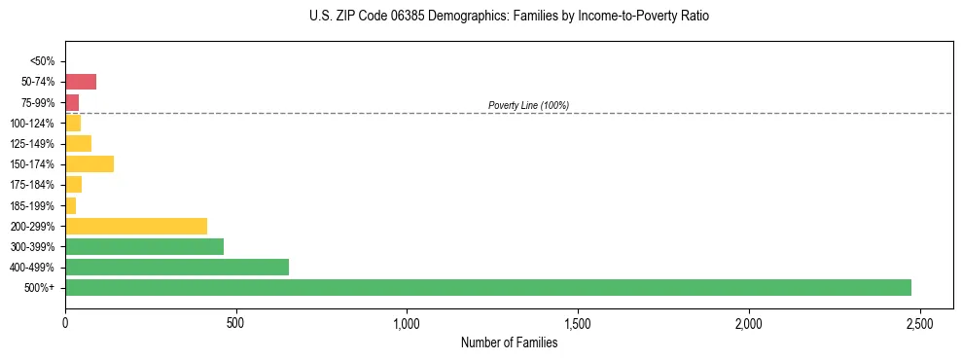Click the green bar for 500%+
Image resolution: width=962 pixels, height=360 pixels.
[487, 288]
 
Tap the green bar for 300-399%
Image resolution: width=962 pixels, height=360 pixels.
[144, 247]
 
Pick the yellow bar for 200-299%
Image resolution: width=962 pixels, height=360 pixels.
[136, 227]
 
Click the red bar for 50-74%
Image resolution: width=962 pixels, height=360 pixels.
[81, 82]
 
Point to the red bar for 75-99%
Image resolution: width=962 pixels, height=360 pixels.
[72, 102]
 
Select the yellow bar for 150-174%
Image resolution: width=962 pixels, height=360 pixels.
[89, 164]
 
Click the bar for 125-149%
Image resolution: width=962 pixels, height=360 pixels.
[78, 144]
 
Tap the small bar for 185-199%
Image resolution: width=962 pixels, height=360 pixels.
[70, 205]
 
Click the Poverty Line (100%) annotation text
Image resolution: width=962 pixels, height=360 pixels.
[528, 105]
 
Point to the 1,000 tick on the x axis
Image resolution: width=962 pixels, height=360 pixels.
[407, 323]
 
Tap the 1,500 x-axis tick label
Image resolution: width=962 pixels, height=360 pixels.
[578, 323]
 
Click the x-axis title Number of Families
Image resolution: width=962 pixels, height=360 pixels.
[509, 342]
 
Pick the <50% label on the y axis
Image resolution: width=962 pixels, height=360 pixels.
[42, 61]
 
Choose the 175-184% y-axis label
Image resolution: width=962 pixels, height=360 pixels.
[32, 185]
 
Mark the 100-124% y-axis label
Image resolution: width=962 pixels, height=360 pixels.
[32, 124]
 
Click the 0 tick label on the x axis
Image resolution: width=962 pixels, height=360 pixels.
[65, 323]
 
